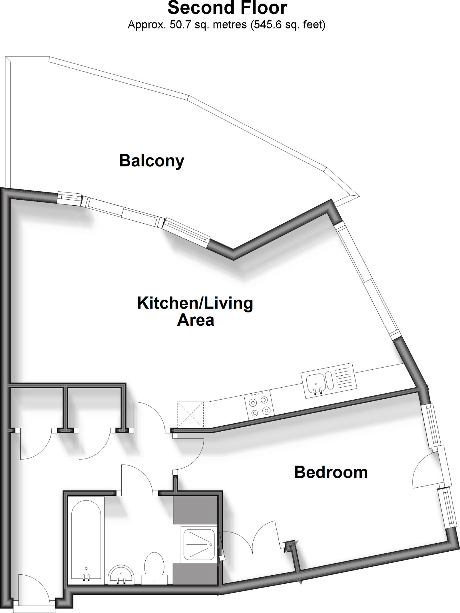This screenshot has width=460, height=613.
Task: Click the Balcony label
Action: pyautogui.click(x=152, y=161)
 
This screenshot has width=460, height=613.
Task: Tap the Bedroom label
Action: pyautogui.click(x=331, y=472)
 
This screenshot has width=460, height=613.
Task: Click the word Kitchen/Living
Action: pyautogui.click(x=195, y=303)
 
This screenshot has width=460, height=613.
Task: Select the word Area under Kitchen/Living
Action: pyautogui.click(x=196, y=320)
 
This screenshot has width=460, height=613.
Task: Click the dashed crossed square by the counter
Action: pyautogui.click(x=190, y=414)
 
